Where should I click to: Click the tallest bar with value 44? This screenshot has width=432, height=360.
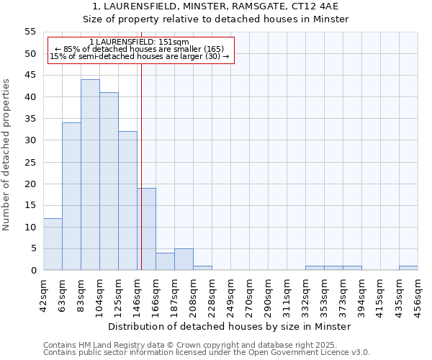pos(90,175)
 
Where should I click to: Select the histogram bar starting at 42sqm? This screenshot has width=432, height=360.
pos(53,244)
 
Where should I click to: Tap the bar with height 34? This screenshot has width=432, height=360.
pos(71,197)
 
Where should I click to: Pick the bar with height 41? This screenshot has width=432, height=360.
pos(109,181)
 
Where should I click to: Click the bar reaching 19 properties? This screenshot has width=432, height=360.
pos(147,229)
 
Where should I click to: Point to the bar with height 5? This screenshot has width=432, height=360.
pos(184,259)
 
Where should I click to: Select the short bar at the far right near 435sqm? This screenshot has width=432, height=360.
pos(408,268)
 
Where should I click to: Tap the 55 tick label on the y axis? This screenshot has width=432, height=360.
pos(30,32)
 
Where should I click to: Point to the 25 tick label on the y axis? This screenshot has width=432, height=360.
pos(30,162)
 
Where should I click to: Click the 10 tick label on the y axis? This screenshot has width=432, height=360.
pos(30,227)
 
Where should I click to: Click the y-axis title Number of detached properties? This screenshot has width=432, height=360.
pos(7,154)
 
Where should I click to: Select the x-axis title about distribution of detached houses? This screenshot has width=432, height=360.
pos(230,326)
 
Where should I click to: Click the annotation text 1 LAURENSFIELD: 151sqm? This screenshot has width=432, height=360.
pos(140,42)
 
